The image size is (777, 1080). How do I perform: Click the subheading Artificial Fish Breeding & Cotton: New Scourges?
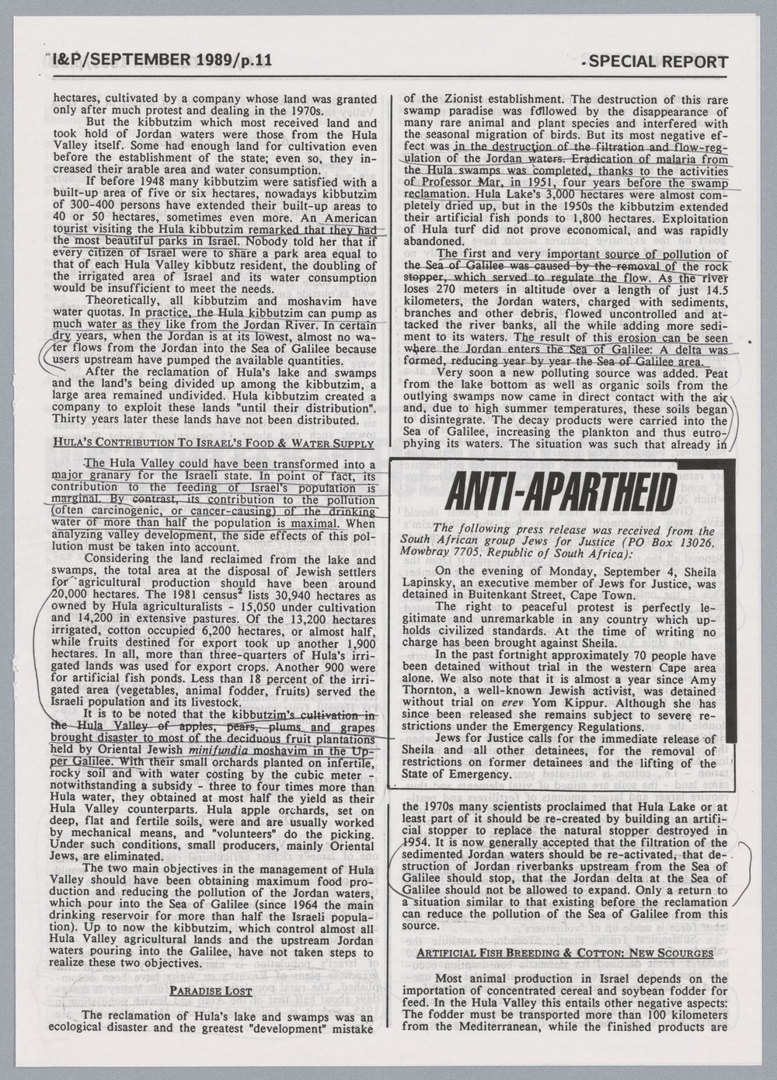pos(565,953)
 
